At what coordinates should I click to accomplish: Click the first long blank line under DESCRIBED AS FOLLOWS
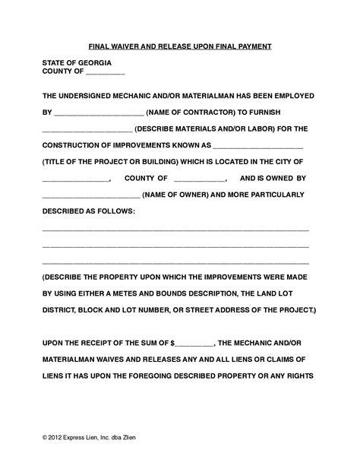175,230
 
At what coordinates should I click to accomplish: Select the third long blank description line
175,262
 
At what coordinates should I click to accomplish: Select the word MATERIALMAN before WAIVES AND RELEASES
79,360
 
